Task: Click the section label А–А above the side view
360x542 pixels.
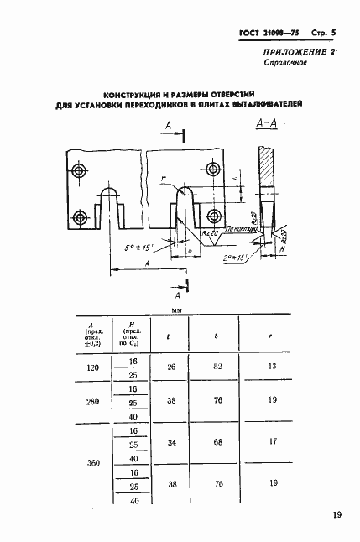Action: click(265, 127)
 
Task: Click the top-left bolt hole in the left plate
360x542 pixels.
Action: click(79, 171)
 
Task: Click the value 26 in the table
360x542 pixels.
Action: click(171, 366)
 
